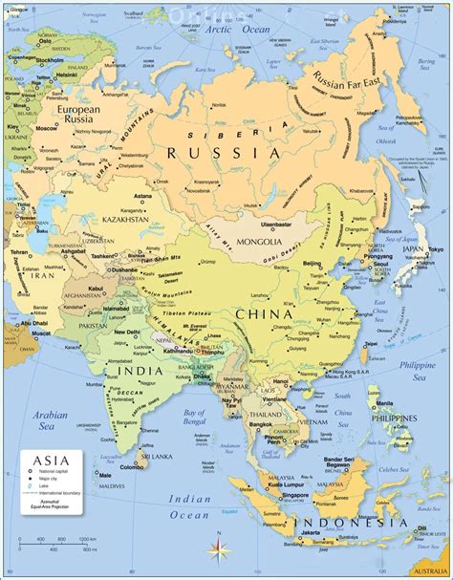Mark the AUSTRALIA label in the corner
click(x=430, y=570)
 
